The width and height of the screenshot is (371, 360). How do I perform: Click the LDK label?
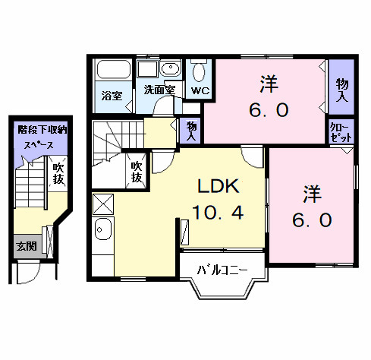coord(219,186)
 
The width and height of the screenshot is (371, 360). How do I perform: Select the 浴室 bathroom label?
coord(112,96)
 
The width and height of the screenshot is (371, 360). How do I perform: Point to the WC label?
coord(200,90)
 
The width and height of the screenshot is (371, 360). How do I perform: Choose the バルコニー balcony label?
coord(222,270)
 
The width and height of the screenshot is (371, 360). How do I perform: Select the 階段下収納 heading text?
coord(42,130)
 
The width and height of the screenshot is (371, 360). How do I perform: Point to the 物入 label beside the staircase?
coord(191,131)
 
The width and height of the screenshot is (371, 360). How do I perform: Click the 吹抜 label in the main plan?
coord(136,171)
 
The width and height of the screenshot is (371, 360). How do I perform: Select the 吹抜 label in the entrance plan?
coord(58,173)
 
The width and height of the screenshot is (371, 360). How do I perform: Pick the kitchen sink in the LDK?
coord(102,229)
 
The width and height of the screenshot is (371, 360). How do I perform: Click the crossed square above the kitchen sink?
coord(102,204)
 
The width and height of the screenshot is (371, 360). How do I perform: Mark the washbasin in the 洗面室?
coord(168,70)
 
